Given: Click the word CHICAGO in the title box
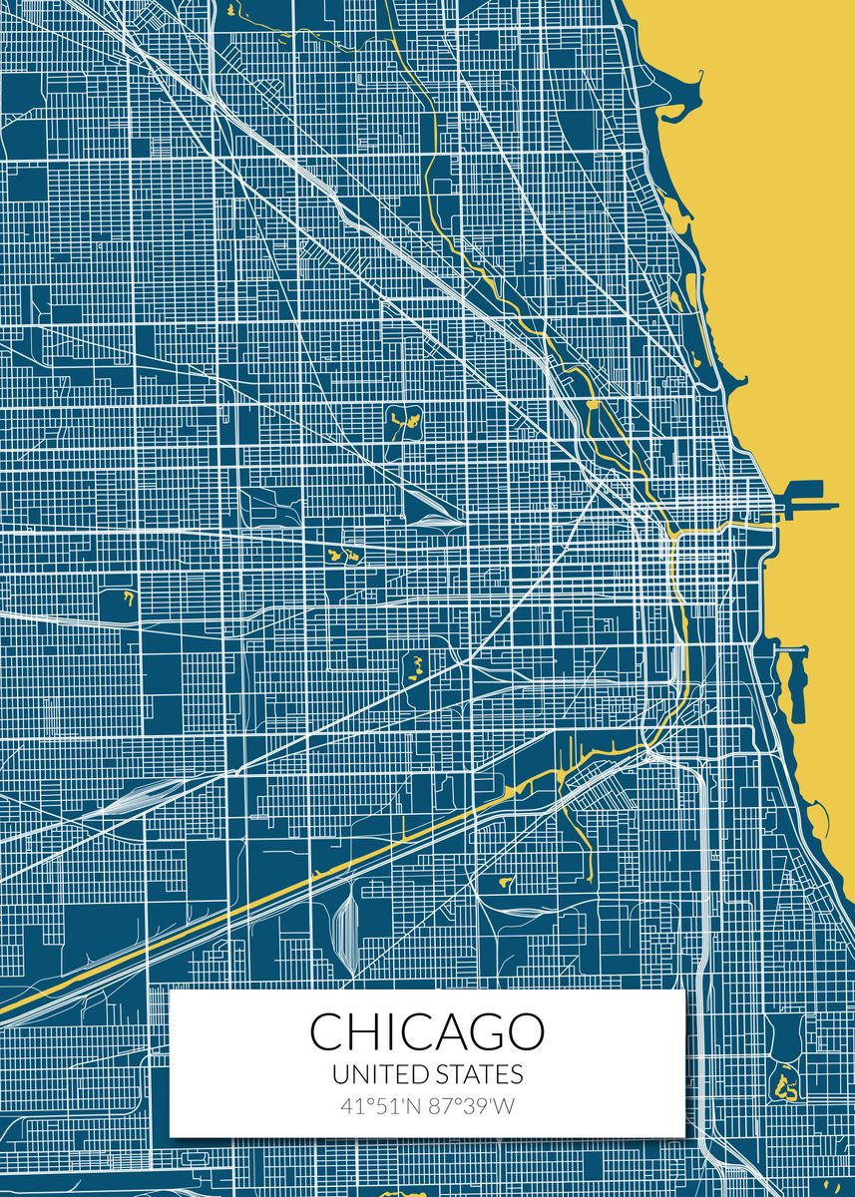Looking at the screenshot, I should pos(427,1031).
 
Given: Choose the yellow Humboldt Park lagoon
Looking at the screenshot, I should pos(403,420).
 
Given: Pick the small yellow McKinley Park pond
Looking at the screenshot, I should pos(504,882).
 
